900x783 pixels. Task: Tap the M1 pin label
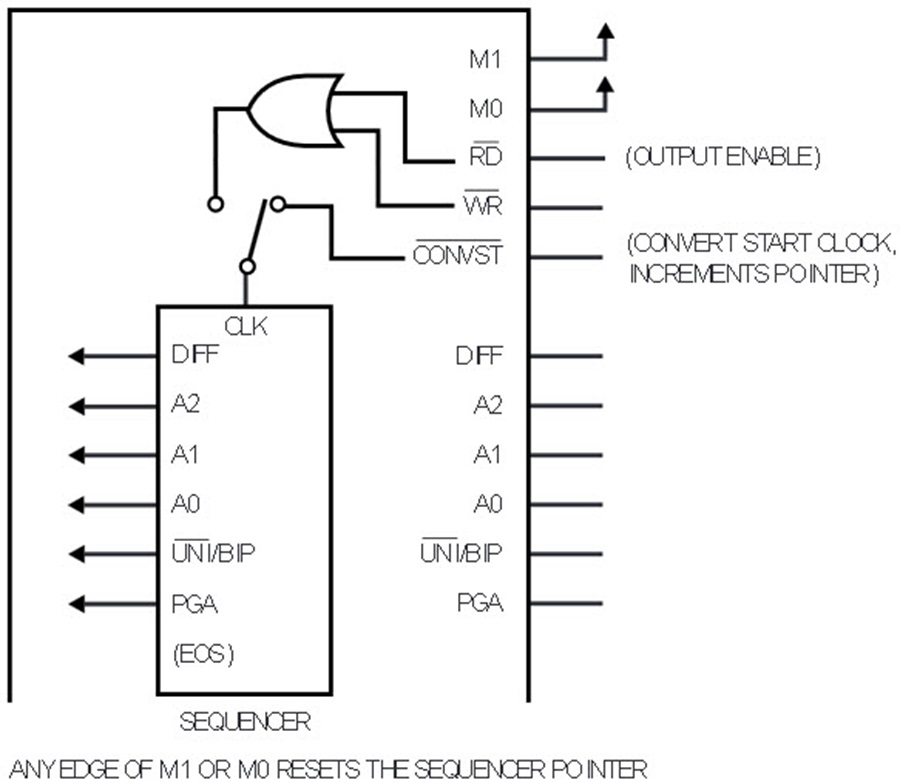tap(485, 59)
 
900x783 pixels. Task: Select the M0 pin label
tap(486, 108)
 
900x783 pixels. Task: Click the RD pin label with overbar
tap(486, 154)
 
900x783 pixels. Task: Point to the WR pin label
tap(482, 203)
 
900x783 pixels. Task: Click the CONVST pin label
tap(457, 253)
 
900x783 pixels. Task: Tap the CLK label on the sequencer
tap(246, 327)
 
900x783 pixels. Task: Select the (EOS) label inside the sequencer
tap(203, 654)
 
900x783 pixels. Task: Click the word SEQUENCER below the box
tap(245, 722)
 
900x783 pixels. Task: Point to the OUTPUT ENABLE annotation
tap(723, 157)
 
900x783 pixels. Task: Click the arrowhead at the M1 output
tap(605, 31)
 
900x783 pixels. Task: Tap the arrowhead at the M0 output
tap(605, 86)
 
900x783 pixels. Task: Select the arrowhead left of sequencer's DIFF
tap(76, 356)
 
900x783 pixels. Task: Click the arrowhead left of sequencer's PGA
tap(76, 604)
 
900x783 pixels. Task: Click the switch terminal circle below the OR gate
tap(215, 204)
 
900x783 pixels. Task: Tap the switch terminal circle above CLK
tap(247, 266)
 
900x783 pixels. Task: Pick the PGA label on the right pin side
tap(480, 603)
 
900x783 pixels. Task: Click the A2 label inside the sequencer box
tap(185, 405)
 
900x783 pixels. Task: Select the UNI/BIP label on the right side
tap(461, 552)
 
